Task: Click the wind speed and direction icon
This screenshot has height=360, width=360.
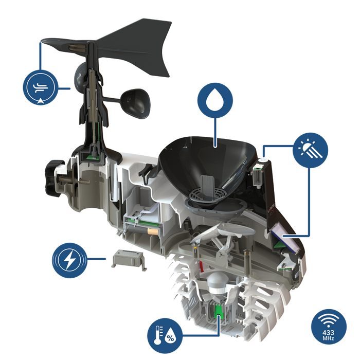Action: pyautogui.click(x=41, y=87)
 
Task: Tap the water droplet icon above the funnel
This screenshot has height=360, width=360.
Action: pyautogui.click(x=215, y=100)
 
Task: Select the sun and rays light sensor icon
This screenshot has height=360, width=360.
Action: pyautogui.click(x=311, y=150)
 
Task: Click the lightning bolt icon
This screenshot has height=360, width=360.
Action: pyautogui.click(x=69, y=260)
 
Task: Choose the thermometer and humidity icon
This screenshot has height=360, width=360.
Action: pyautogui.click(x=165, y=336)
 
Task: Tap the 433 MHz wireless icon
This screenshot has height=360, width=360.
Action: pyautogui.click(x=329, y=327)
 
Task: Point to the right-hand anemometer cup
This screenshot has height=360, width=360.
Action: pyautogui.click(x=135, y=104)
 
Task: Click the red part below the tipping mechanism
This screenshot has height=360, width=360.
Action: pyautogui.click(x=201, y=266)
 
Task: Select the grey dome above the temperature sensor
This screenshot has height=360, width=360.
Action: pyautogui.click(x=218, y=283)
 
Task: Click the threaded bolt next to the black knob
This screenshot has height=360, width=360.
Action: pyautogui.click(x=74, y=180)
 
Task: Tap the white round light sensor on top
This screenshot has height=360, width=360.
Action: pyautogui.click(x=263, y=160)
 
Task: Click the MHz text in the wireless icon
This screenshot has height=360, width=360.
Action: pyautogui.click(x=329, y=338)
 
